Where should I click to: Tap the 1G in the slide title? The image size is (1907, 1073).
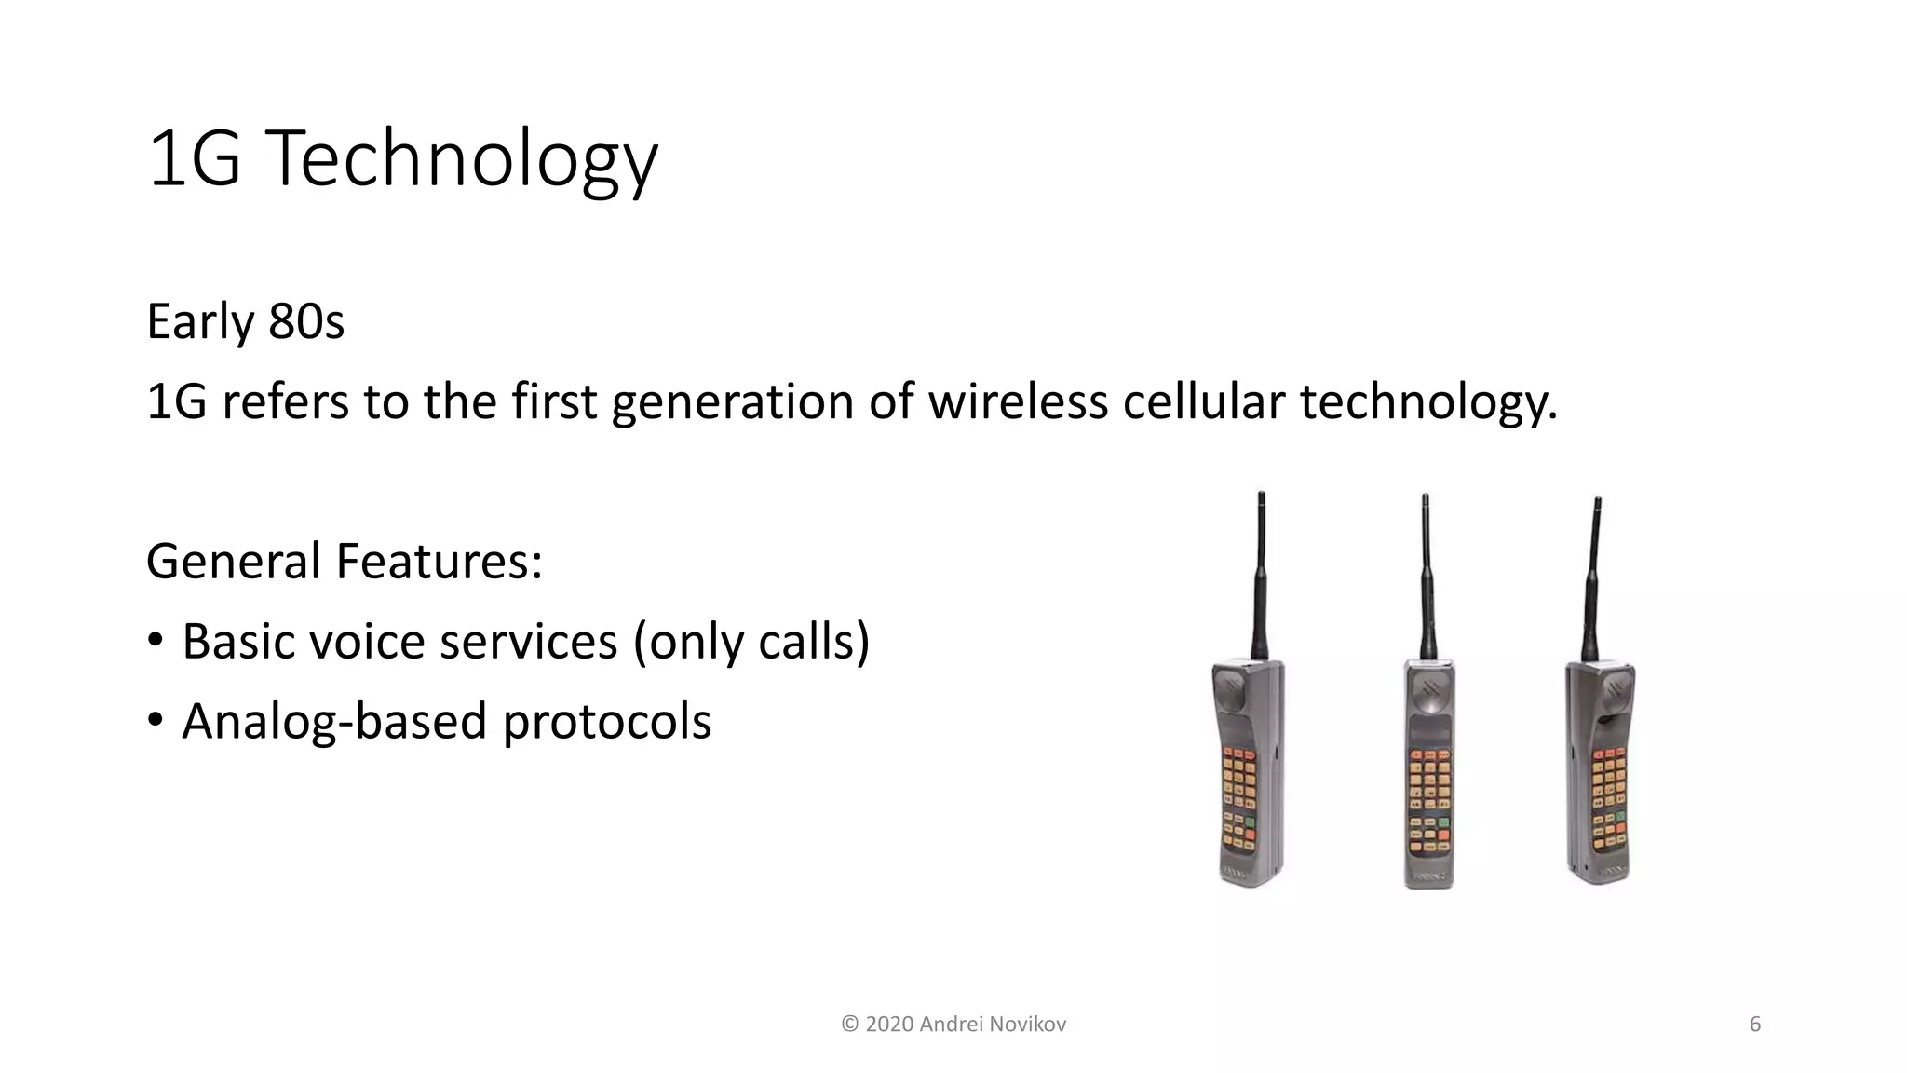click(194, 160)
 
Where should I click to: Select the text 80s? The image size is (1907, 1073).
click(306, 322)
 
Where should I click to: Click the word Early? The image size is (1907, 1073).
click(200, 322)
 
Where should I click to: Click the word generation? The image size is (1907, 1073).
click(732, 402)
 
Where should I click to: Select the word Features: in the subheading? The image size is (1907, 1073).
click(439, 562)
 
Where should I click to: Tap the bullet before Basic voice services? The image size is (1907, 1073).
click(156, 641)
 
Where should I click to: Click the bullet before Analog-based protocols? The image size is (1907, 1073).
click(156, 721)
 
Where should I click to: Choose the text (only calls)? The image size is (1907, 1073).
click(751, 642)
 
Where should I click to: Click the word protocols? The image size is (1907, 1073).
click(606, 722)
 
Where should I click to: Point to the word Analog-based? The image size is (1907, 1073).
click(334, 722)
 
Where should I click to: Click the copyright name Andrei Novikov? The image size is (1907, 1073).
click(992, 1025)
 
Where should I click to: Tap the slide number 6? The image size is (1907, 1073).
click(1754, 1025)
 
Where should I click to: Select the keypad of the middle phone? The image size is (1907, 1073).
click(1428, 801)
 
